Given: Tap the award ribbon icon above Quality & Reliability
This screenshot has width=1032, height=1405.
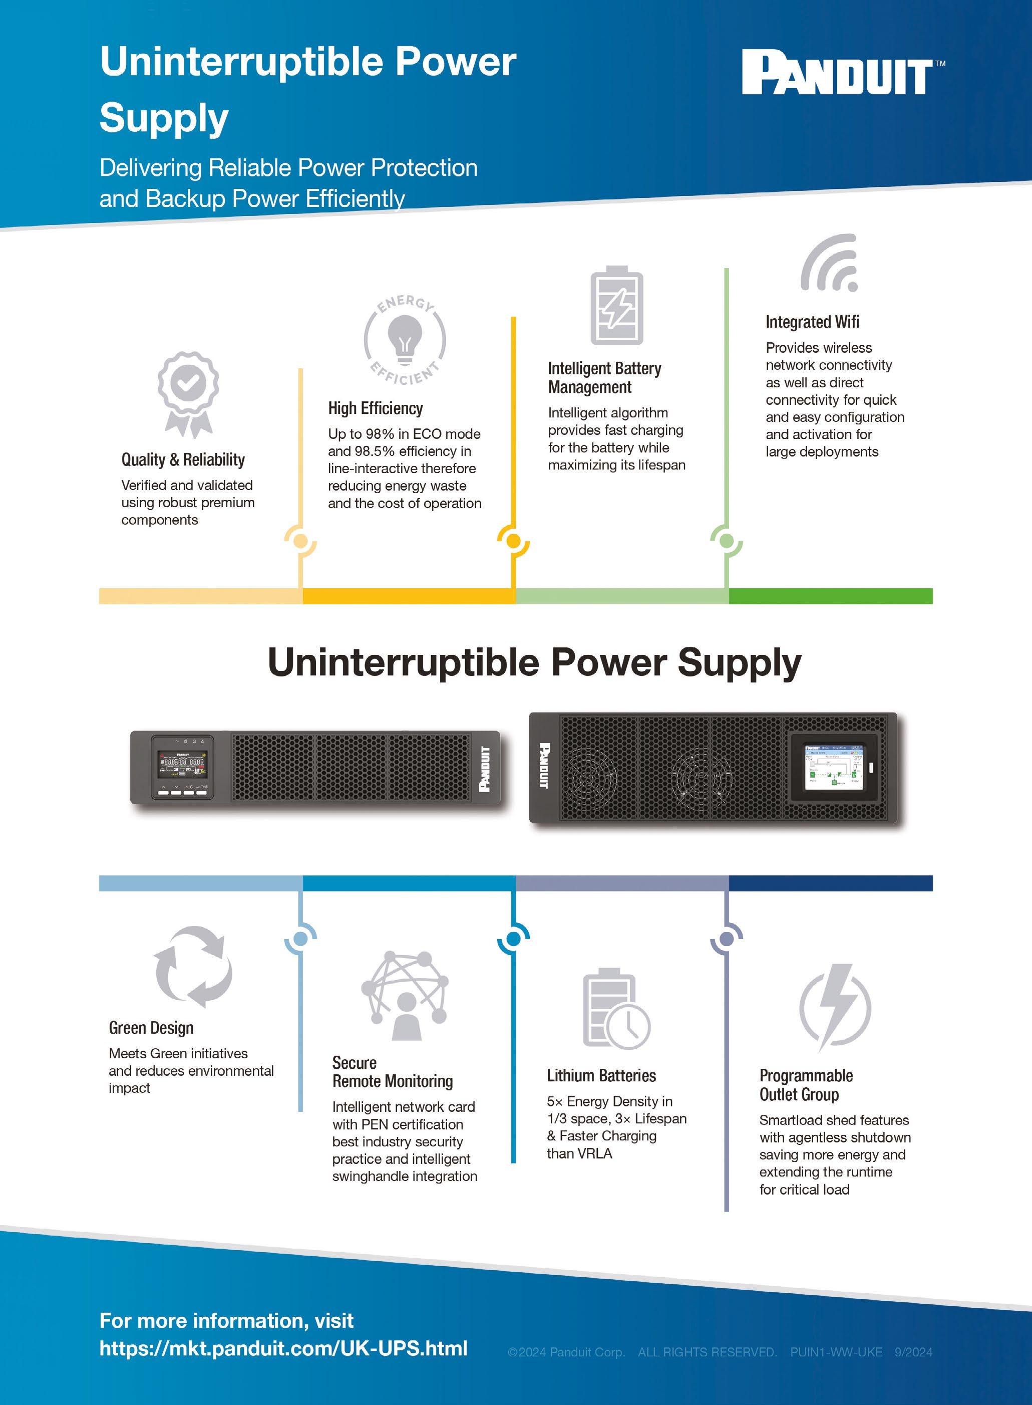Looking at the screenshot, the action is coord(188,394).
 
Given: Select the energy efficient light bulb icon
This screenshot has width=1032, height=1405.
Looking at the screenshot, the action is coord(405,339).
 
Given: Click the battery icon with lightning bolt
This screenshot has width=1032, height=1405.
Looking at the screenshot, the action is coord(616,306).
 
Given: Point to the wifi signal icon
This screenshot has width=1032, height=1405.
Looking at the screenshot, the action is coord(830,263).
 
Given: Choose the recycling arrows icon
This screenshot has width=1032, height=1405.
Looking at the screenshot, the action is coord(193,967).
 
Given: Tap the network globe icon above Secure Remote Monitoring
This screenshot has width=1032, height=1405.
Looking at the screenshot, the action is coord(405,996).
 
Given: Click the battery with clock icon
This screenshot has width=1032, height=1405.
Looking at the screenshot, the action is coord(616,1009).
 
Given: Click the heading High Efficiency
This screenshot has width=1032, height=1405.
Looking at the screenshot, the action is coord(376,408).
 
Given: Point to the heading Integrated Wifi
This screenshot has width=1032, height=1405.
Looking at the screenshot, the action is coord(812,322).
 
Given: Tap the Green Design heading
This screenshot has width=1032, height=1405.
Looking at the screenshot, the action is coord(151,1028).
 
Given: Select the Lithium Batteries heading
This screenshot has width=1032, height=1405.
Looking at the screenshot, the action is coord(601,1076).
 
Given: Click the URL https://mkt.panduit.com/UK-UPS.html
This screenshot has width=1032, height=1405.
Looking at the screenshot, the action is coord(283,1348).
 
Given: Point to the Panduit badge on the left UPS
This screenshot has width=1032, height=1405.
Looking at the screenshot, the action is coord(484,769).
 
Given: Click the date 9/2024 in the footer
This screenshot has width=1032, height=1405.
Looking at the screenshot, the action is coord(913,1352).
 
